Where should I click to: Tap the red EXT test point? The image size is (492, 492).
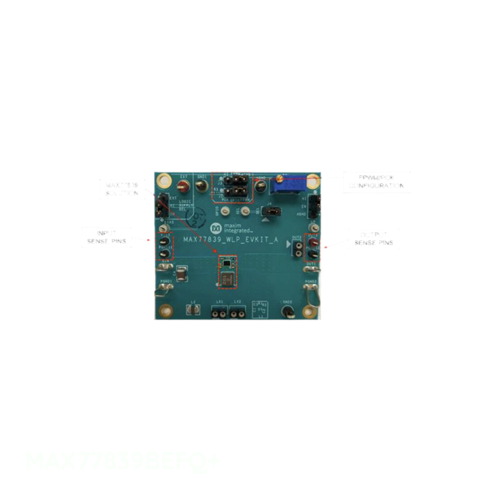point(183,187)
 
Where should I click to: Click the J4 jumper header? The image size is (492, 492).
point(274,212)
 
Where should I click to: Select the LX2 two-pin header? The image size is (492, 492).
point(237,312)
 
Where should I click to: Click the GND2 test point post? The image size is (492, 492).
point(286,312)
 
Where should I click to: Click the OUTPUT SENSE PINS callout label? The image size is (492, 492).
point(373,239)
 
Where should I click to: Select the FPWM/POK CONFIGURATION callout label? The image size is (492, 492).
point(370,181)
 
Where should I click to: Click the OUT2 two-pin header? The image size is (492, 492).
point(296,247)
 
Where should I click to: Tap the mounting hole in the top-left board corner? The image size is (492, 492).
point(164,181)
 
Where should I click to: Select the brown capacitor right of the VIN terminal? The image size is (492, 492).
point(181,273)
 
